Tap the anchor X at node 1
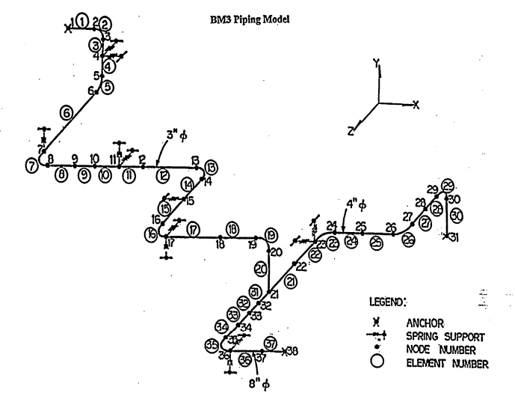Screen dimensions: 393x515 [68, 29]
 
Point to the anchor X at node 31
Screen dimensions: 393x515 [446, 237]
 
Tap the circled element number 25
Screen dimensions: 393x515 [377, 242]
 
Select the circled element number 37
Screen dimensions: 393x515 [271, 342]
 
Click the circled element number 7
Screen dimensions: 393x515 [32, 165]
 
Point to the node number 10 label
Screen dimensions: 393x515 [94, 158]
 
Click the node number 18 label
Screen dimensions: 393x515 [220, 244]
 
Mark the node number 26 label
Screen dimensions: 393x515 [390, 226]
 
